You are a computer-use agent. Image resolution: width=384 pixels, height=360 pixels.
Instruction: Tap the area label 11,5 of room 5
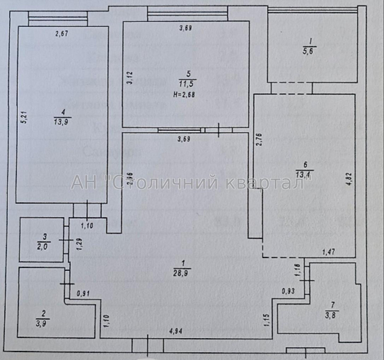tap(185, 83)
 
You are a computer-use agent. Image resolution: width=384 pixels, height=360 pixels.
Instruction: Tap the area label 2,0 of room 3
tap(43, 246)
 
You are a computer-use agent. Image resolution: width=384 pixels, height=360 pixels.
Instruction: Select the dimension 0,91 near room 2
tap(83, 294)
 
